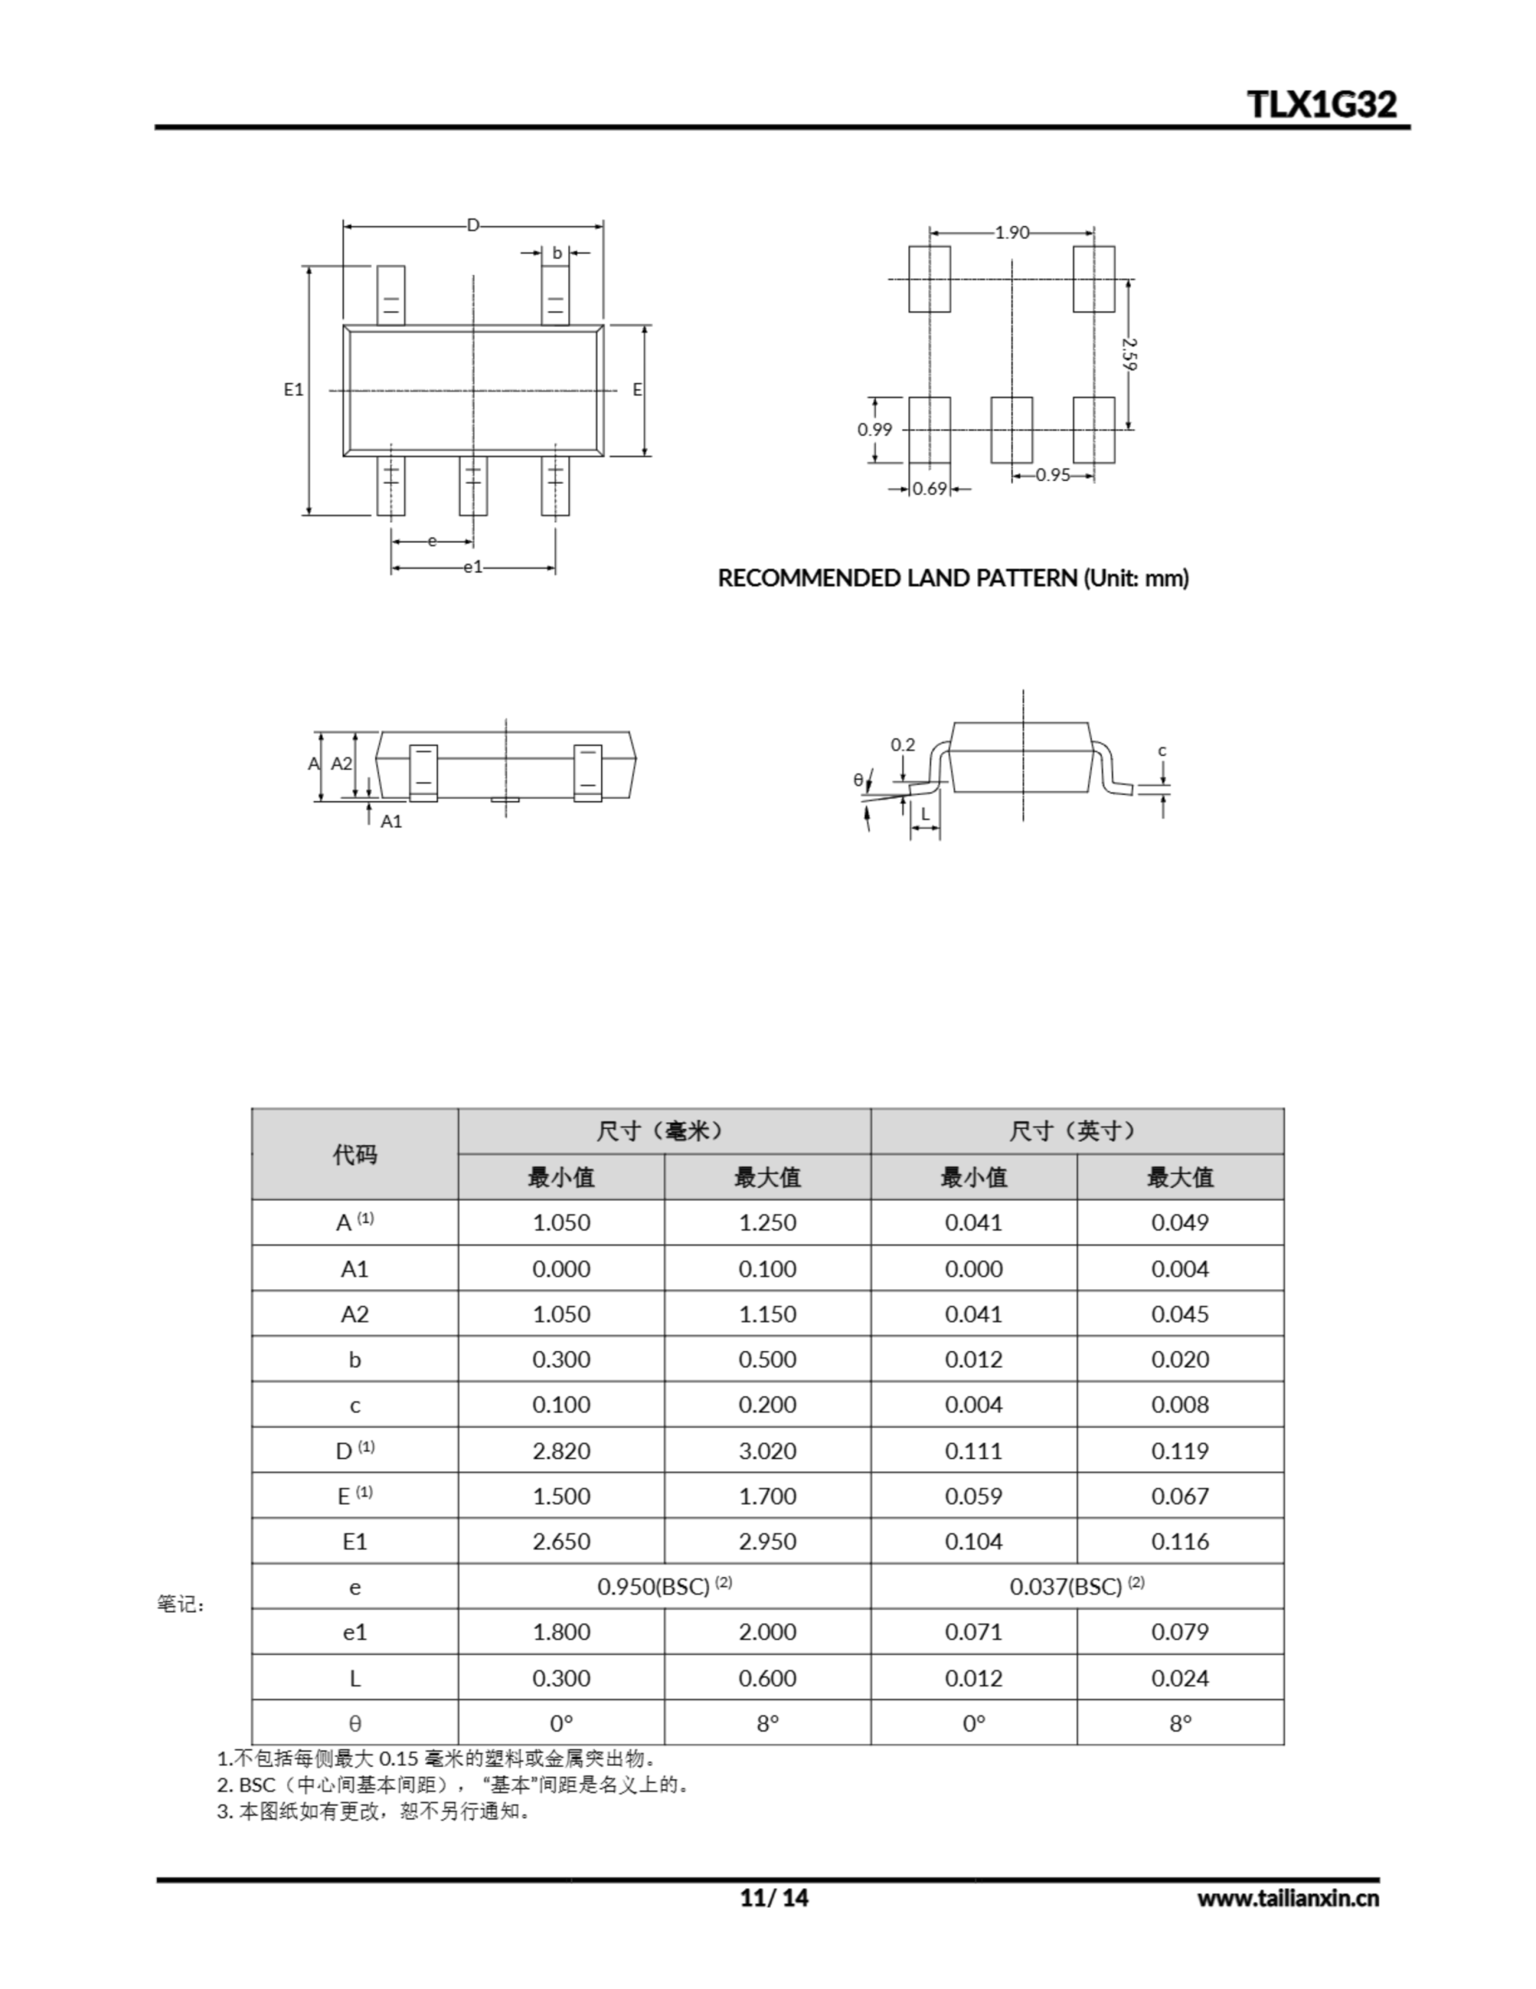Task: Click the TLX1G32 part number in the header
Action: coord(1322,105)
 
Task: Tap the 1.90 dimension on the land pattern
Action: coord(1012,233)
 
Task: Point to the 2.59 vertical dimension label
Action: coord(1129,354)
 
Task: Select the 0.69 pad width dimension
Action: coord(930,489)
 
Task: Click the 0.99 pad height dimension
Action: coord(875,430)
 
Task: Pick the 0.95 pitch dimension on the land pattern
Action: coord(1052,475)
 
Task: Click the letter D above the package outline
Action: coord(473,225)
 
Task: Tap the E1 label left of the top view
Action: coord(294,390)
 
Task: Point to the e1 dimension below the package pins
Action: coord(473,568)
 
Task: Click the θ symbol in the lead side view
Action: coord(857,779)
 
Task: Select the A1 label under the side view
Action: coord(391,821)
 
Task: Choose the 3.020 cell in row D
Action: coord(766,1451)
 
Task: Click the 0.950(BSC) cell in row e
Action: coord(664,1587)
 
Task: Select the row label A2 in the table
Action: coord(354,1314)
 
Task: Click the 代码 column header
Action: coord(354,1155)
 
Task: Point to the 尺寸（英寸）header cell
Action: coord(1076,1131)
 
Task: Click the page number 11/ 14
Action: coord(774,1898)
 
